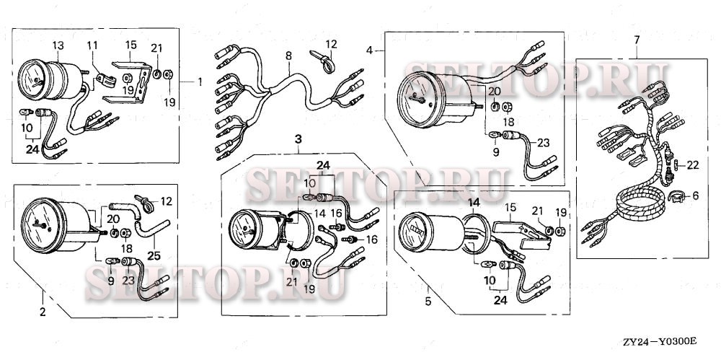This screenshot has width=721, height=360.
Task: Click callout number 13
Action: [58, 45]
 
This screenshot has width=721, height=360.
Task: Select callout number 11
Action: [92, 45]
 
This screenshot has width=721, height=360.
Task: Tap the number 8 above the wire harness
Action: [288, 56]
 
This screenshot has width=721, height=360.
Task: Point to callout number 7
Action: [637, 40]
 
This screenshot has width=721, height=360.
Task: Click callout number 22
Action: [693, 164]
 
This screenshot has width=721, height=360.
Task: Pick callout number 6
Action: [695, 196]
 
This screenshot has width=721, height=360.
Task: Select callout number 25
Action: [154, 255]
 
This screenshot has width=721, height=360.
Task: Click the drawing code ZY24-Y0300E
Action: [660, 341]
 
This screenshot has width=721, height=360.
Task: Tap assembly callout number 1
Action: [200, 82]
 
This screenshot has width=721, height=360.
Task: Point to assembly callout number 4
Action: [369, 50]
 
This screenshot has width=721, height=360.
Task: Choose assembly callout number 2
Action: [43, 312]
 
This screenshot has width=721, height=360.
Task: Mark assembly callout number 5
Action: [428, 302]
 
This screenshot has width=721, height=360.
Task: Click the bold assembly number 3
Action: [298, 138]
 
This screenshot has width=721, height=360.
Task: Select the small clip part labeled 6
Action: [675, 196]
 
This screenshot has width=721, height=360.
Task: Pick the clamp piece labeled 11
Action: [106, 79]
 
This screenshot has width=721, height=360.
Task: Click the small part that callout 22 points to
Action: [676, 164]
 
